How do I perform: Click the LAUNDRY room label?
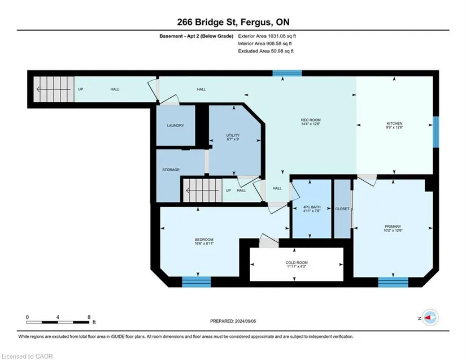pos(175,125)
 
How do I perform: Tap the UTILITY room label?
pos(233,135)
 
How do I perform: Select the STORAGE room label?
pos(171,170)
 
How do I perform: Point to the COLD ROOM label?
pos(297,262)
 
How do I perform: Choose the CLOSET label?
pos(342,209)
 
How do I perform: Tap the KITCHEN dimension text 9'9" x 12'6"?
pos(394,127)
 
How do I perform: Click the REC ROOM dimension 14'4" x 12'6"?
pos(311,124)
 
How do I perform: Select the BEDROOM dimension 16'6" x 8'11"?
pos(204,243)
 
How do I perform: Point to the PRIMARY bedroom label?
pos(393,226)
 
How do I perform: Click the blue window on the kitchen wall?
pos(435,132)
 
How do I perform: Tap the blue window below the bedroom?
pos(197,282)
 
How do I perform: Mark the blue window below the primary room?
pos(393,282)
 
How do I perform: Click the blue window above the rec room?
pos(288,73)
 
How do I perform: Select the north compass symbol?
pos(430,318)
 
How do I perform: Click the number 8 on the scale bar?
pos(89,317)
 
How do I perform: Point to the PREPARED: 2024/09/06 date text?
pos(233,321)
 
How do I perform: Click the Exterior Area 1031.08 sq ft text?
pos(267,36)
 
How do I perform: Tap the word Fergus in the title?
pos(256,23)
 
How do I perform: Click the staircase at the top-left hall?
pos(54,89)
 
